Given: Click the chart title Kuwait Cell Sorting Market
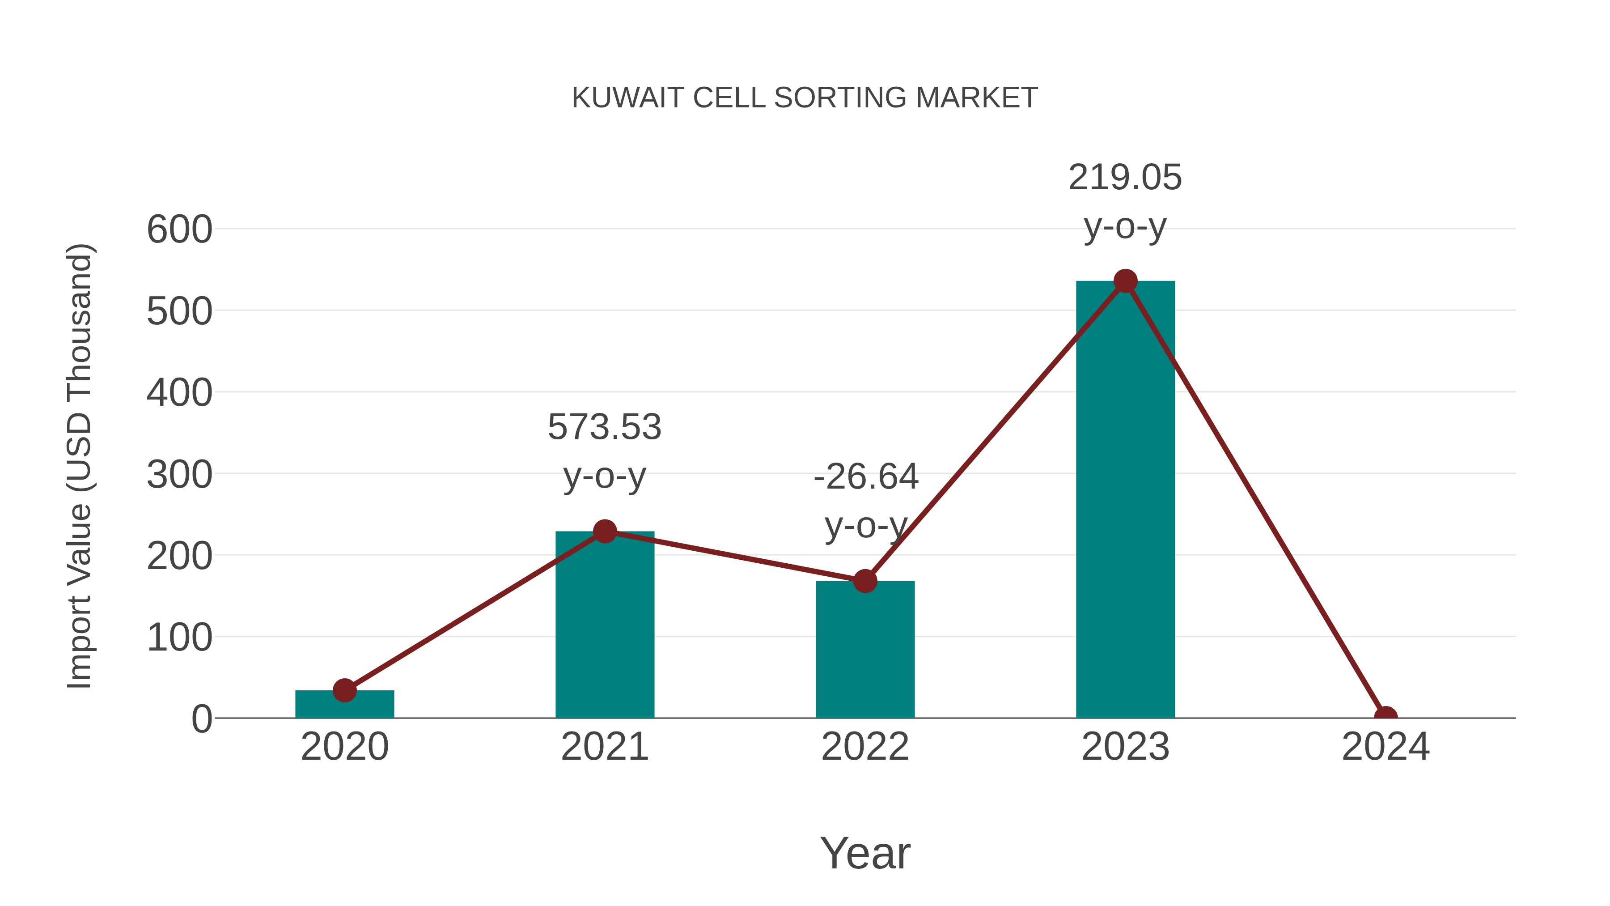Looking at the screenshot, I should coord(805,98).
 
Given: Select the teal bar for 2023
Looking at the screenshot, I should coord(1125,500).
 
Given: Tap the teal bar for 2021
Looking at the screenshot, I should coord(604,625).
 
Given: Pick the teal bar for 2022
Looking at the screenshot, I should coord(865,650).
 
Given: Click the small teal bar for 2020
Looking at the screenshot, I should coord(344,705).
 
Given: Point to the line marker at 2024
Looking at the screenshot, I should coord(1385,717).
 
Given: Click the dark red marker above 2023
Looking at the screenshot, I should coord(1125,281).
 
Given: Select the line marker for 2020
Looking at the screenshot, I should coord(344,690).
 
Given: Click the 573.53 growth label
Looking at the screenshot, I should coord(604,427).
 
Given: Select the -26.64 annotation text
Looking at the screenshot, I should coord(866,477).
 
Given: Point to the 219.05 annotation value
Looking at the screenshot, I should coord(1125,178).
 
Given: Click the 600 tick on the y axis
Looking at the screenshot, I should coord(179,230).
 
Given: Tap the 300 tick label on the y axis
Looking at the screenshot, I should coord(179,475).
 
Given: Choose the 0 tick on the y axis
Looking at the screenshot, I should coord(201,719).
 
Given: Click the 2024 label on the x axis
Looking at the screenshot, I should coord(1385,747).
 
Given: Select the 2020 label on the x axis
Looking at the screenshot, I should coord(344,747).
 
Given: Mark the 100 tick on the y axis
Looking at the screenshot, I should coord(179,638).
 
